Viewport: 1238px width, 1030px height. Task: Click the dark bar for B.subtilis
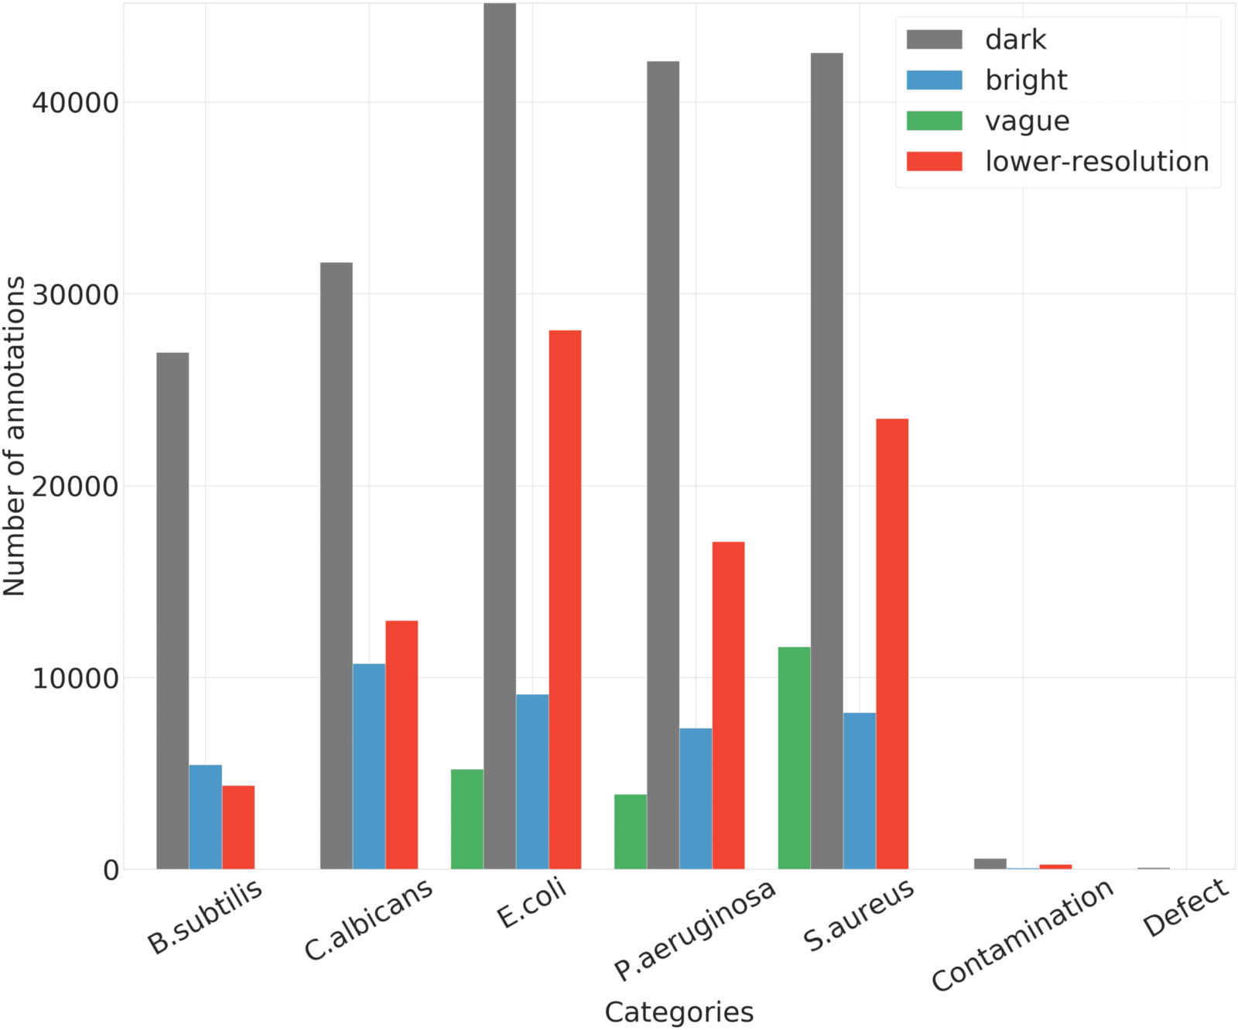(x=173, y=611)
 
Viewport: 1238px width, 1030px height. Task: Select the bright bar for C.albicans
(x=369, y=766)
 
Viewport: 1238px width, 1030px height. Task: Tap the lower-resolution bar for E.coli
(x=565, y=600)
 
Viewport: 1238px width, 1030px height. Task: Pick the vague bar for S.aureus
(x=794, y=758)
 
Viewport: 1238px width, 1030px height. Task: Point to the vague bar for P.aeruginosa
(x=631, y=831)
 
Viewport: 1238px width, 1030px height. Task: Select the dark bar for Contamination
(x=990, y=864)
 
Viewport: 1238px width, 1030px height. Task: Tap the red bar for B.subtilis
(x=238, y=827)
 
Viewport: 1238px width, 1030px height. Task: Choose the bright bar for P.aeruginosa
(x=696, y=799)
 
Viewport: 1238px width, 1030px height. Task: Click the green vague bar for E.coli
(x=467, y=819)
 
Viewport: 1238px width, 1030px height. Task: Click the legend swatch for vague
(x=934, y=121)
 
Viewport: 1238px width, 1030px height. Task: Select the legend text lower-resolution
(x=1096, y=162)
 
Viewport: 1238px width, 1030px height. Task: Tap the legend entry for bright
(x=1026, y=80)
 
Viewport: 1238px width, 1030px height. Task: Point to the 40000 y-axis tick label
(x=75, y=102)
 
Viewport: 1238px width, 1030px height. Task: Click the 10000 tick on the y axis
(x=75, y=678)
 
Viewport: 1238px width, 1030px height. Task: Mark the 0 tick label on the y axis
(x=111, y=870)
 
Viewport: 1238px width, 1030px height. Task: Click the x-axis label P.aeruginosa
(x=694, y=930)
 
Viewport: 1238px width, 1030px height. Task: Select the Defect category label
(x=1185, y=908)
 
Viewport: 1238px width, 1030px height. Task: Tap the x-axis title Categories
(x=679, y=1011)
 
